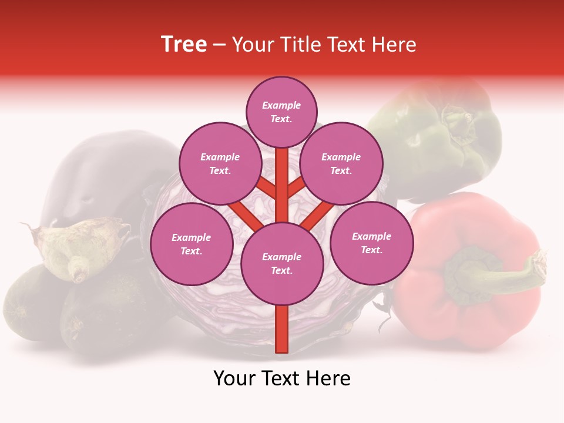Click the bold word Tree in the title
coord(184,44)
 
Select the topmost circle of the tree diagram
coord(281,112)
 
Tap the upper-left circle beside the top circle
coord(220,164)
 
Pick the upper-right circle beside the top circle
coord(341,164)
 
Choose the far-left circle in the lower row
coord(192,244)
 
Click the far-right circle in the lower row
coord(371,243)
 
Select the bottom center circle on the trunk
coord(282,264)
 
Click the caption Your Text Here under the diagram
coord(282,378)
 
